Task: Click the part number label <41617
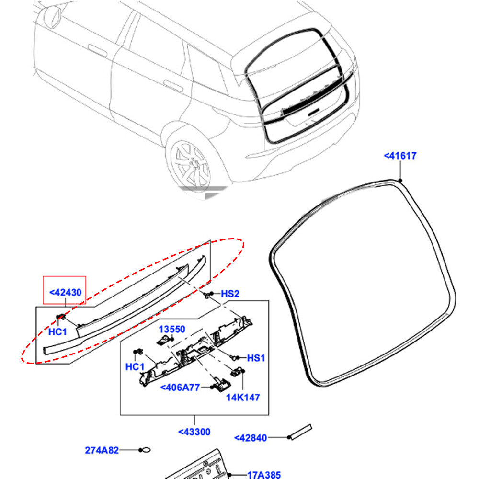tap(400, 156)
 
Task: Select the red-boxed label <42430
tap(64, 292)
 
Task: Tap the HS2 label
tap(229, 294)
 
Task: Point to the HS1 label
tap(255, 358)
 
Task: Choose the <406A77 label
tap(179, 387)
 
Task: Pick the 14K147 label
tap(243, 397)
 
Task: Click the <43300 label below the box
tap(194, 432)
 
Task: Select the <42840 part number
tap(250, 438)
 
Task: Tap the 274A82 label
tap(102, 450)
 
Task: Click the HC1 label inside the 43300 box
tap(135, 366)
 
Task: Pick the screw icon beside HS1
tap(235, 357)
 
